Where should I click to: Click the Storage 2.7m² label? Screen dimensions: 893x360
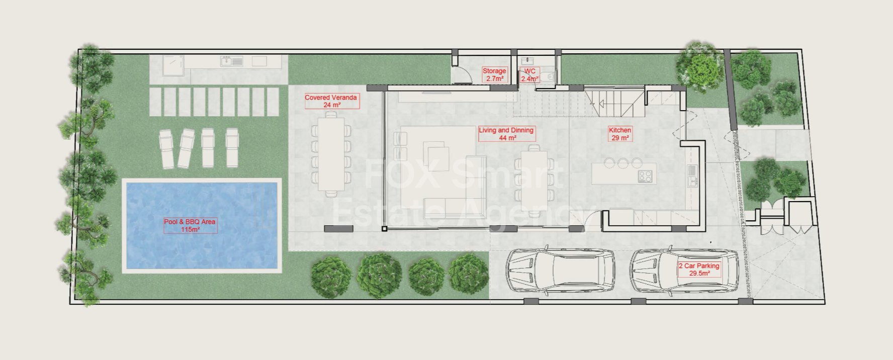pos(494,75)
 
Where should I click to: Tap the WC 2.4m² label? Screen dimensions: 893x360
pos(529,75)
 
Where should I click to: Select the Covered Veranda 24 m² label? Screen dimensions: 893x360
pos(331,101)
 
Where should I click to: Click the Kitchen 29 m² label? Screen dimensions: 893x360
pos(620,134)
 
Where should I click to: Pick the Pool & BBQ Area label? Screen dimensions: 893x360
pos(190,225)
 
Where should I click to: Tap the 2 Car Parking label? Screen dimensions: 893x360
pos(699,269)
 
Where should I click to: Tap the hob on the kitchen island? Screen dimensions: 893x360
pos(645,176)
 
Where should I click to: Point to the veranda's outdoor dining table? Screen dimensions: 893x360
pos(331,154)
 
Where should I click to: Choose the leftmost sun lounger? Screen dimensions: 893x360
pos(167,149)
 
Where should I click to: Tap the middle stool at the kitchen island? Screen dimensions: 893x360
pos(623,163)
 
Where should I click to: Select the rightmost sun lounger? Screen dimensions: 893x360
pos(232,148)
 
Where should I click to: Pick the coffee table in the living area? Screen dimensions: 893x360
pos(436,152)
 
